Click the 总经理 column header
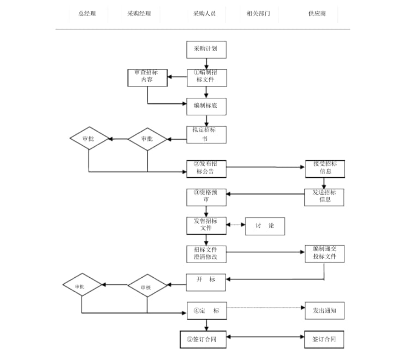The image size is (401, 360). click(87, 14)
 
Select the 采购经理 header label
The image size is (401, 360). click(139, 14)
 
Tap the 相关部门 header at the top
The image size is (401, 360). click(255, 14)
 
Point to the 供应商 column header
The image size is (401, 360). click(317, 14)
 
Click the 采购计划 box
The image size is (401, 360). click(206, 49)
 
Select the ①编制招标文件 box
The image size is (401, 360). click(206, 77)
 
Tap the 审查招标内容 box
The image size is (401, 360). click(147, 77)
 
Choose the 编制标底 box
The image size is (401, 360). click(206, 106)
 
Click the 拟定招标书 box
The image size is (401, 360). click(206, 134)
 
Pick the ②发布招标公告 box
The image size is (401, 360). click(206, 169)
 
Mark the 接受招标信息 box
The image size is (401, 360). click(325, 169)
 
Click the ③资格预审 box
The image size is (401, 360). click(206, 197)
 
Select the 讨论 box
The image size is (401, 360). click(265, 226)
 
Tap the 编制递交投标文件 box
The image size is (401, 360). click(325, 254)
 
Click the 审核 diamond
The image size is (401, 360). click(147, 287)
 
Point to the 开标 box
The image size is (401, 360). click(206, 282)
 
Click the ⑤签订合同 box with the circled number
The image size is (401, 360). click(203, 339)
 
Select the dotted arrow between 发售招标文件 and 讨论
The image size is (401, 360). click(236, 225)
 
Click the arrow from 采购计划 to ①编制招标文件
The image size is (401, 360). click(206, 64)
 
